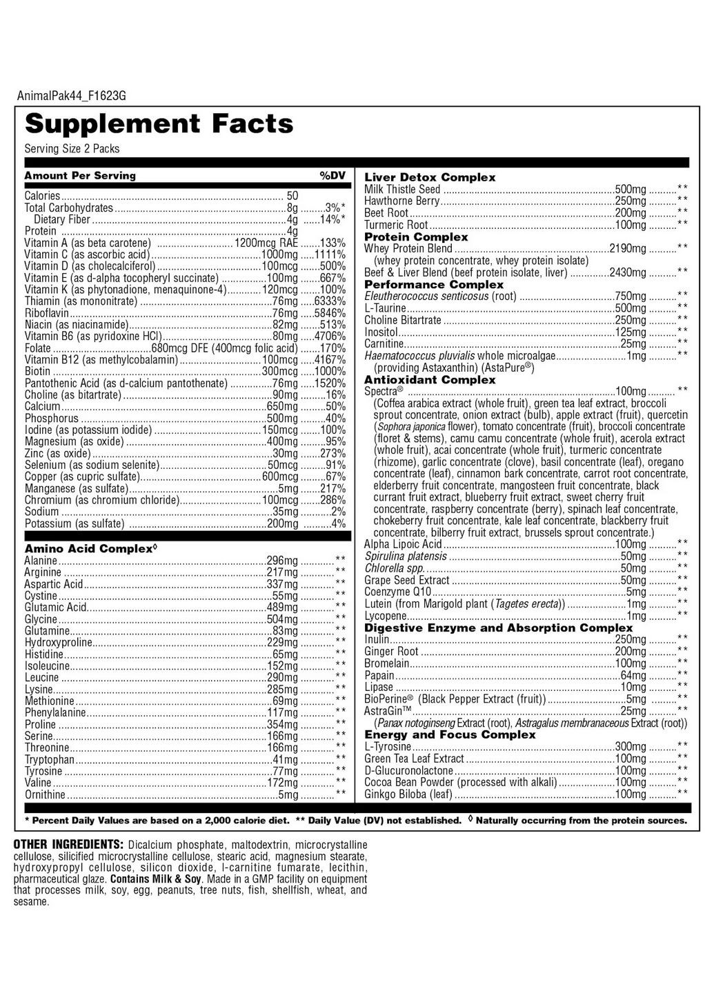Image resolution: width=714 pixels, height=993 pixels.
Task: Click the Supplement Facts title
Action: (159, 124)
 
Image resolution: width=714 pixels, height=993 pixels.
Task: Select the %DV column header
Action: (332, 176)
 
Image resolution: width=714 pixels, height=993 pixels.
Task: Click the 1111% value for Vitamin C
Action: (330, 254)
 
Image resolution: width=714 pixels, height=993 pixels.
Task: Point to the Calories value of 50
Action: (292, 196)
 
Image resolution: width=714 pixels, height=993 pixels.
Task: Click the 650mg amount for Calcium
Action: (282, 407)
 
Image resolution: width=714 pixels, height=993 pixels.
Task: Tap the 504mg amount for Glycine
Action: (282, 619)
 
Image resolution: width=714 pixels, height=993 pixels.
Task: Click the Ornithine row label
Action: (45, 795)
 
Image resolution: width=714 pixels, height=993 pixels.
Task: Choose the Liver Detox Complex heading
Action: (430, 177)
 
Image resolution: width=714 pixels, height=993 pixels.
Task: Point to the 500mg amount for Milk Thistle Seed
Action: (631, 190)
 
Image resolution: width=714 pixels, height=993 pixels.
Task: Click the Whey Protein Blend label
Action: (408, 249)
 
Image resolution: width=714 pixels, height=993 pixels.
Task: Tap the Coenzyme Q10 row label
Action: (398, 592)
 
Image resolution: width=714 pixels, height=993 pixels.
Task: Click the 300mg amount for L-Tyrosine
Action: (631, 747)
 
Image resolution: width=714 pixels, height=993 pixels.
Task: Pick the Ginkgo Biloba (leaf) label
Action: (408, 794)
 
